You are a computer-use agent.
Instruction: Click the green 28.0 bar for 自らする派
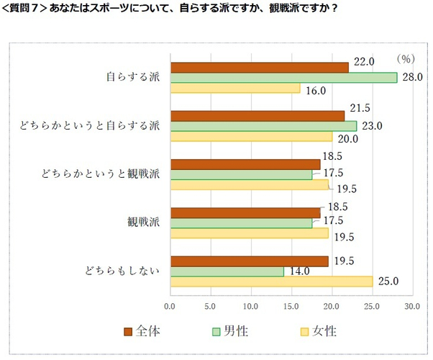pos(283,78)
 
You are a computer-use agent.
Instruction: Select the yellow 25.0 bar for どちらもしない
pos(271,281)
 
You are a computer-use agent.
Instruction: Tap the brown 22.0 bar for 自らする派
pos(259,67)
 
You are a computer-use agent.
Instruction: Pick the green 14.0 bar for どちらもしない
pos(227,271)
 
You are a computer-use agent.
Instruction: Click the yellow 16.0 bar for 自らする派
pos(234,88)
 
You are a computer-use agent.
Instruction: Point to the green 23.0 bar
pos(263,126)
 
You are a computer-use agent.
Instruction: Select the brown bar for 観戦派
pos(245,212)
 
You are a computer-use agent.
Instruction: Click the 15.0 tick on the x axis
pos(291,306)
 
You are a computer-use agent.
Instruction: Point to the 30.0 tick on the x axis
pos(412,306)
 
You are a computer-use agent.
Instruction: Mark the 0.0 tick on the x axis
pos(170,306)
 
